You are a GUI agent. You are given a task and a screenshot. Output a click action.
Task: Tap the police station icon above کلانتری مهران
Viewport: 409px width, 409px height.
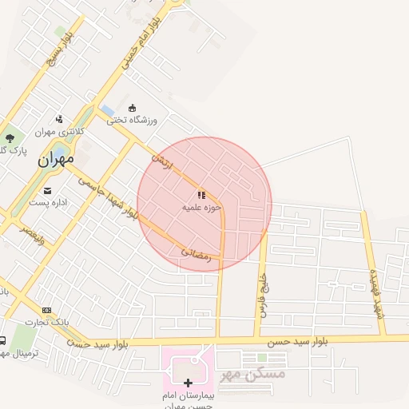(59, 119)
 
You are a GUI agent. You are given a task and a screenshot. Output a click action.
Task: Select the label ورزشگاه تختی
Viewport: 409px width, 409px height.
(133, 120)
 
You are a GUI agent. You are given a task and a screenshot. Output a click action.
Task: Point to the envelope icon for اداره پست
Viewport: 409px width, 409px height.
(48, 191)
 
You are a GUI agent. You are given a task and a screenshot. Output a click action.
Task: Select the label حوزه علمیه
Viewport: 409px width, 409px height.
(201, 208)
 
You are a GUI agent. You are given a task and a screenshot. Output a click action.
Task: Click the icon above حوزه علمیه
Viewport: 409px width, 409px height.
(201, 195)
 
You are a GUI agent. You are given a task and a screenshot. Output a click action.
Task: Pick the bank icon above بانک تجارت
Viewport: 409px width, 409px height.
(46, 310)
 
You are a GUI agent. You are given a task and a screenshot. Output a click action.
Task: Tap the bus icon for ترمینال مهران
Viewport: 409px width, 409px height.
(2, 340)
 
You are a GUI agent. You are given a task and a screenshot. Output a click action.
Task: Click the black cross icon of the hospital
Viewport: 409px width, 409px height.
(189, 383)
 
